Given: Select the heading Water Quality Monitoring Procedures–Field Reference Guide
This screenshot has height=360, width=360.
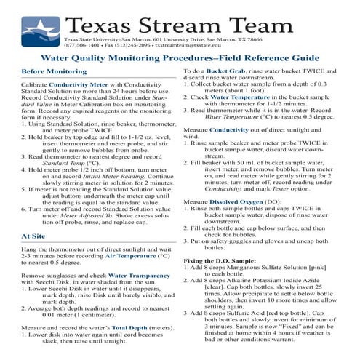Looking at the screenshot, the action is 179,57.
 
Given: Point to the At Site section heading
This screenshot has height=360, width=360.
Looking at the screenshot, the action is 36,236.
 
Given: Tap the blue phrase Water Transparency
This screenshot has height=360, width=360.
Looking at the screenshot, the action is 133,276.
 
